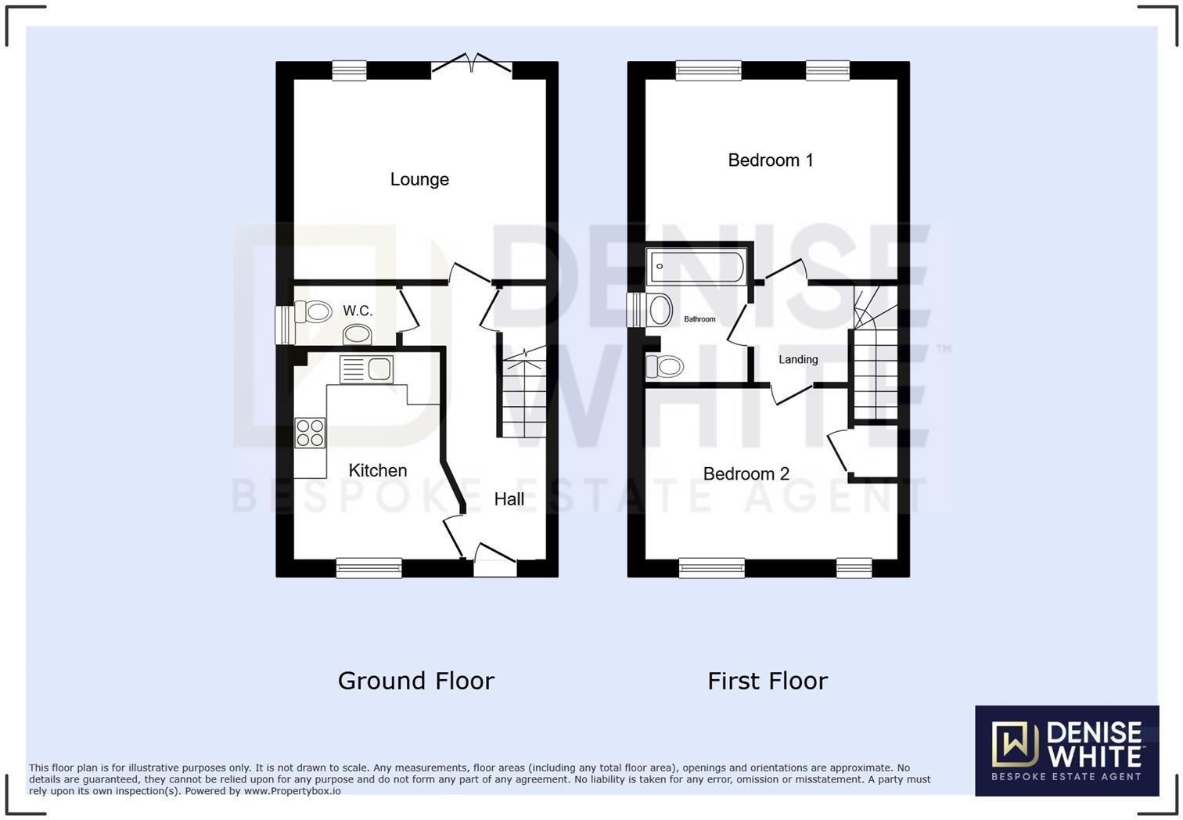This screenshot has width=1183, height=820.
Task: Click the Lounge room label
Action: pos(419,179)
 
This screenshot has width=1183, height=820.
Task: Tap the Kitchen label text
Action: pos(377,470)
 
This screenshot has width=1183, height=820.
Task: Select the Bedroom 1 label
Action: pos(770,160)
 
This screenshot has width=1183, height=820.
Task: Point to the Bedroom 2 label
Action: pos(746,473)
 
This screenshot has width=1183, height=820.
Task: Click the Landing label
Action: pos(798,360)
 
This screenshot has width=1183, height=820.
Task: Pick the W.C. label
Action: pos(358,311)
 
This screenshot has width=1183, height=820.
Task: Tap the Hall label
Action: pos(509,499)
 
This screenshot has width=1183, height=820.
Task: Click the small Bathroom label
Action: pos(699,319)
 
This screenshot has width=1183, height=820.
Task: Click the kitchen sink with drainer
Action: pos(366,369)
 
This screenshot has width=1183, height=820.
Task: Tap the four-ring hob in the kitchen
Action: pos(310,433)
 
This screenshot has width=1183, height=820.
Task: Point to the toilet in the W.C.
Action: pos(314,312)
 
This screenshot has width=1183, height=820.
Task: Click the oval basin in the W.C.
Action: pos(358,335)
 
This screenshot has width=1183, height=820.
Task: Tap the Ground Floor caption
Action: pos(415,681)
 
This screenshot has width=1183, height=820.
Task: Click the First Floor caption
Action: pos(767,681)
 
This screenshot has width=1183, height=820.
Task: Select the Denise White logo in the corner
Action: pos(1066,750)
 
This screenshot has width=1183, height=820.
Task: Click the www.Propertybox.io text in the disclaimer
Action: pos(292,791)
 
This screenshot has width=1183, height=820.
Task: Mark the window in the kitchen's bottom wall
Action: pos(369,568)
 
